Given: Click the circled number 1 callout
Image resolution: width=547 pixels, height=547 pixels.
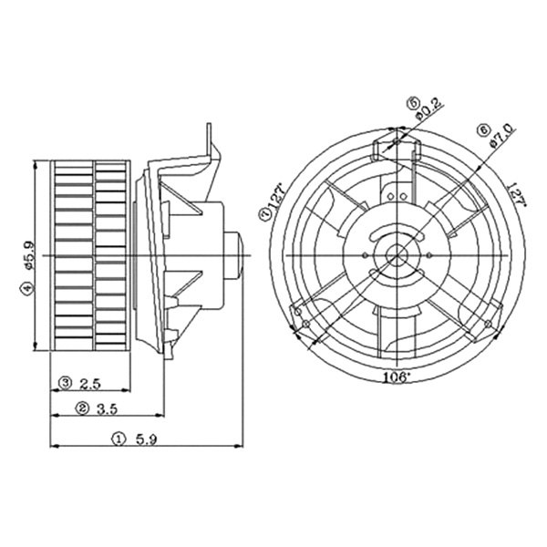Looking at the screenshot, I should click(x=119, y=439).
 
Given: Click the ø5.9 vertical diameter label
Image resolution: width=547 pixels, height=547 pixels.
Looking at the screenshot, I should click(x=27, y=253).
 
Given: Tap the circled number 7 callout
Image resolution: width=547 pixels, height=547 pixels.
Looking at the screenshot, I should click(x=263, y=215).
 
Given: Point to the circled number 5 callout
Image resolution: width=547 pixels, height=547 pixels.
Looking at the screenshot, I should click(x=412, y=103).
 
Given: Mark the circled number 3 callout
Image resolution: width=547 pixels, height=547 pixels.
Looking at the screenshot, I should click(x=67, y=382).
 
